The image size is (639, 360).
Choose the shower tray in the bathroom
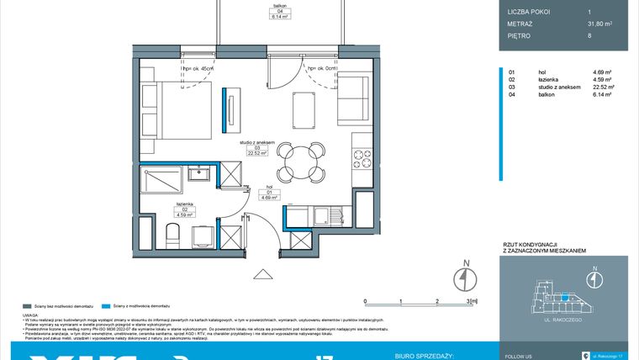(161, 182)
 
